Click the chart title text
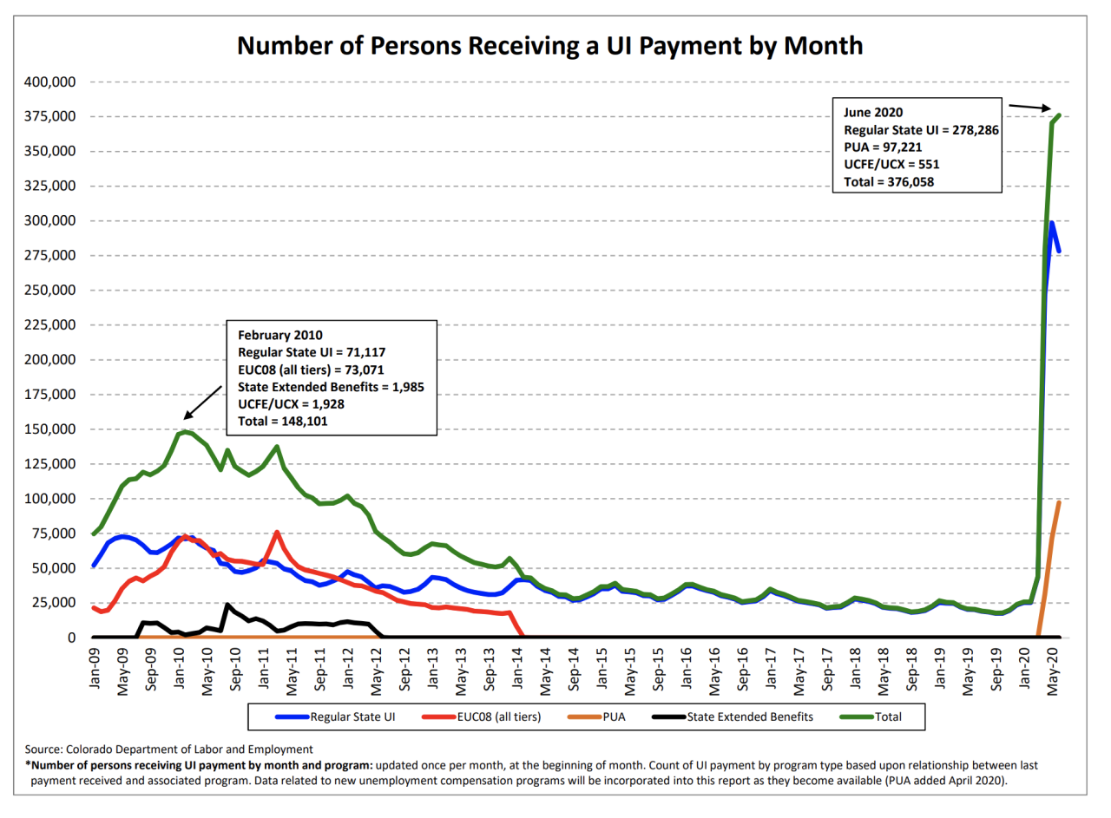coord(550,45)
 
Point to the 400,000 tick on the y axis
coord(48,82)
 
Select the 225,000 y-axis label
coord(48,325)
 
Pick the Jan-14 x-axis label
coord(519,666)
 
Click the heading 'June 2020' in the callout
coord(873,113)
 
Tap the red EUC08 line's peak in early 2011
coord(277,533)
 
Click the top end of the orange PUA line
coord(1059,502)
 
